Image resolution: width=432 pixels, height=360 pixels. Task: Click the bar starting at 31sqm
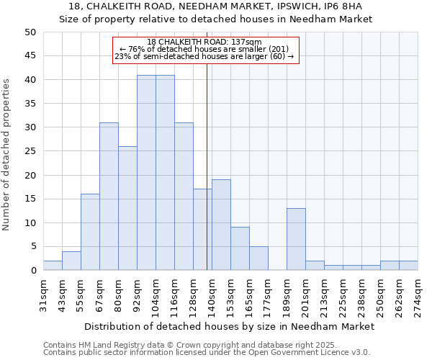pos(53,265)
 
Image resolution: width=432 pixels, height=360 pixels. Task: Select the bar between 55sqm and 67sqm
pos(90,232)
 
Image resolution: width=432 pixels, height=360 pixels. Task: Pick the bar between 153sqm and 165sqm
pos(240,248)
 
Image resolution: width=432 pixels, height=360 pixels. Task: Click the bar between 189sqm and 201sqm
pos(296,239)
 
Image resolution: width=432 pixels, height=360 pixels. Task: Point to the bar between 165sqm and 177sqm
pos(258,258)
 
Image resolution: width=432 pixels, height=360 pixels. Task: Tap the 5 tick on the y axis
pos(33,246)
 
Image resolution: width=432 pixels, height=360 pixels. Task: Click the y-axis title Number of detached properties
pos(7,155)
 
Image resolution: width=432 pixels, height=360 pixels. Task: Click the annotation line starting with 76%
pos(204,49)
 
